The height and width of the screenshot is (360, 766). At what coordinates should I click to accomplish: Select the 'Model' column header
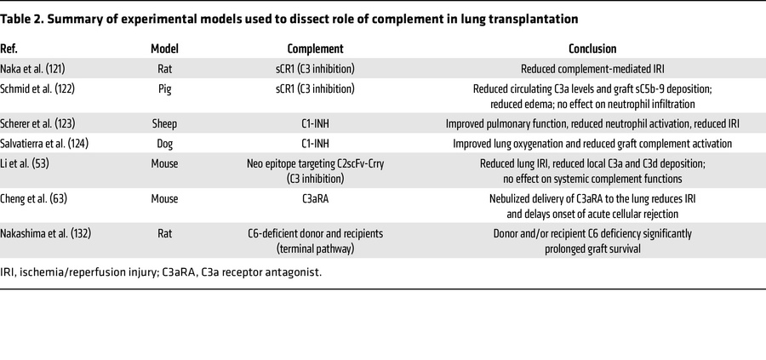pyautogui.click(x=165, y=49)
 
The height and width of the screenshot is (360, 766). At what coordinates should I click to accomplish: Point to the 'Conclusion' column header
pyautogui.click(x=592, y=49)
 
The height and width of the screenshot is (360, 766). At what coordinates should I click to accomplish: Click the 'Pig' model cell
pyautogui.click(x=165, y=89)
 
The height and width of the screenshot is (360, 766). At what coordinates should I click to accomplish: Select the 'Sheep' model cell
pyautogui.click(x=165, y=123)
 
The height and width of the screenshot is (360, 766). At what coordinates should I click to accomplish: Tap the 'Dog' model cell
pyautogui.click(x=165, y=144)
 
